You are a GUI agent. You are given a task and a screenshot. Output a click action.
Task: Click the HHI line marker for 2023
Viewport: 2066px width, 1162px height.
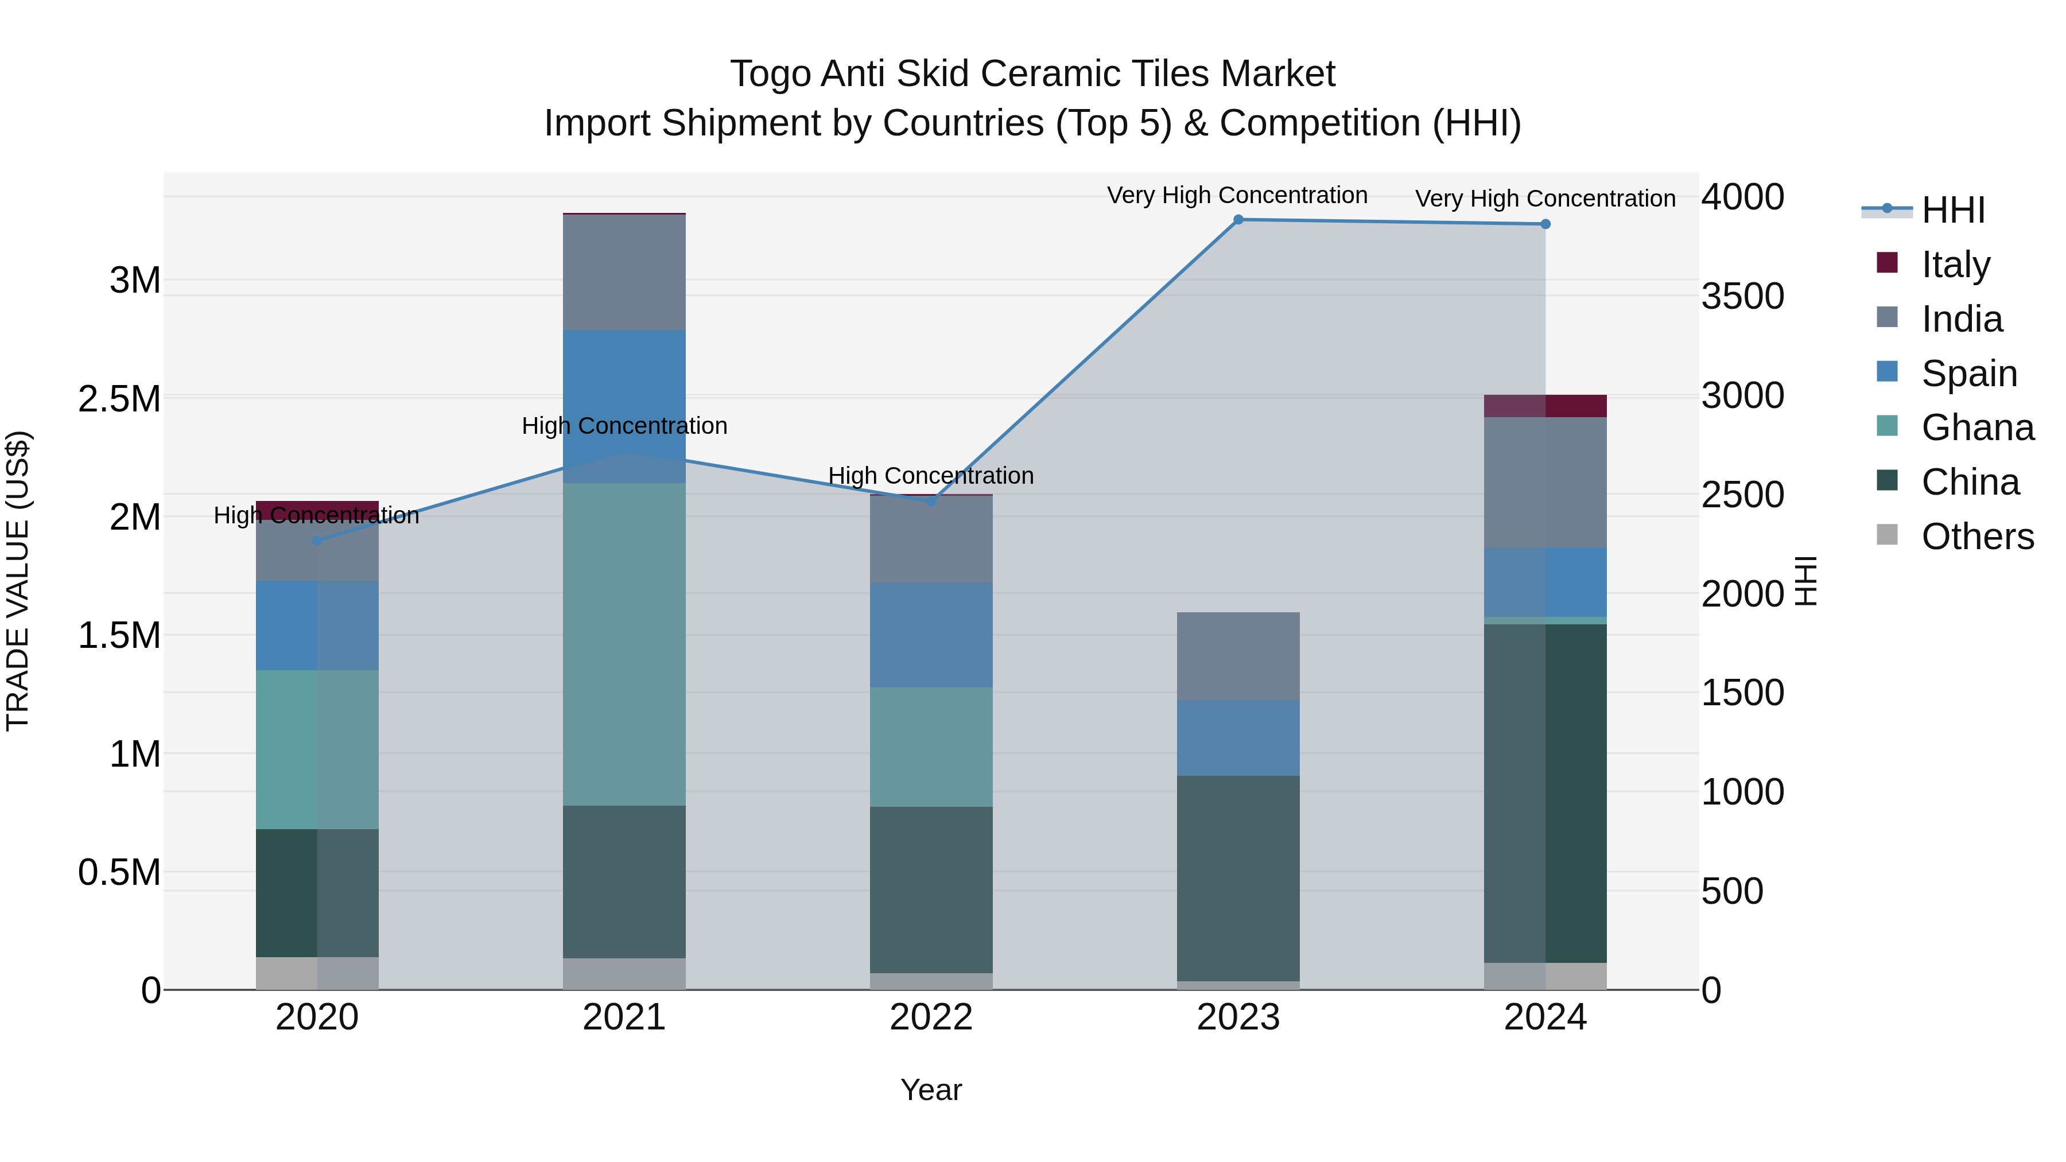coord(1238,220)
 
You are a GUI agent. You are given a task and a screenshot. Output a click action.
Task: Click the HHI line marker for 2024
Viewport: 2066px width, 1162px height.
coord(1545,224)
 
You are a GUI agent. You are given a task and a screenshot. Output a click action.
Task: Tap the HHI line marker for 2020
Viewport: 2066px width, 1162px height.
coord(317,541)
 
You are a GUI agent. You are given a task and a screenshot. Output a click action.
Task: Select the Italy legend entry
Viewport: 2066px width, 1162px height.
coord(1955,265)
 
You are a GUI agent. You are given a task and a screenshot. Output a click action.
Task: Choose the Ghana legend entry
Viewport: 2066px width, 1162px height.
coord(1977,428)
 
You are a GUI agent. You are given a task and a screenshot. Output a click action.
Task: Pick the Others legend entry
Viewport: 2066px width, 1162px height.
coord(1977,537)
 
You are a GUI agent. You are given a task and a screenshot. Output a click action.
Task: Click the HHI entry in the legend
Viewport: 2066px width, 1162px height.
coord(1953,210)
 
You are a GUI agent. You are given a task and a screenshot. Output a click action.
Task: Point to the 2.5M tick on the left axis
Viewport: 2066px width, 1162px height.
coord(119,399)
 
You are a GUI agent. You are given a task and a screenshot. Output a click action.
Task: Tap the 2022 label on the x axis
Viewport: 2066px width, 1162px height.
coord(931,1017)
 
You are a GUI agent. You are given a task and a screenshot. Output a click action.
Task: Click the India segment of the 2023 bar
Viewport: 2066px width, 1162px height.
coord(1238,656)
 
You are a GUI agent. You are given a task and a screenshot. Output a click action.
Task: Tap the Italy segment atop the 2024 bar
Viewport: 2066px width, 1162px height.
coord(1545,406)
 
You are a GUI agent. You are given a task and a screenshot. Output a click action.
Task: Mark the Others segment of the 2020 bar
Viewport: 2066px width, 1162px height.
coord(317,973)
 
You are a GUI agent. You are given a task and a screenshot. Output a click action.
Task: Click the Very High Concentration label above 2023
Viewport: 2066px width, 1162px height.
coord(1237,196)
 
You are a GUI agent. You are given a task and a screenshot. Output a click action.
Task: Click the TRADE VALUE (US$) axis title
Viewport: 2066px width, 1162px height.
coord(18,581)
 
